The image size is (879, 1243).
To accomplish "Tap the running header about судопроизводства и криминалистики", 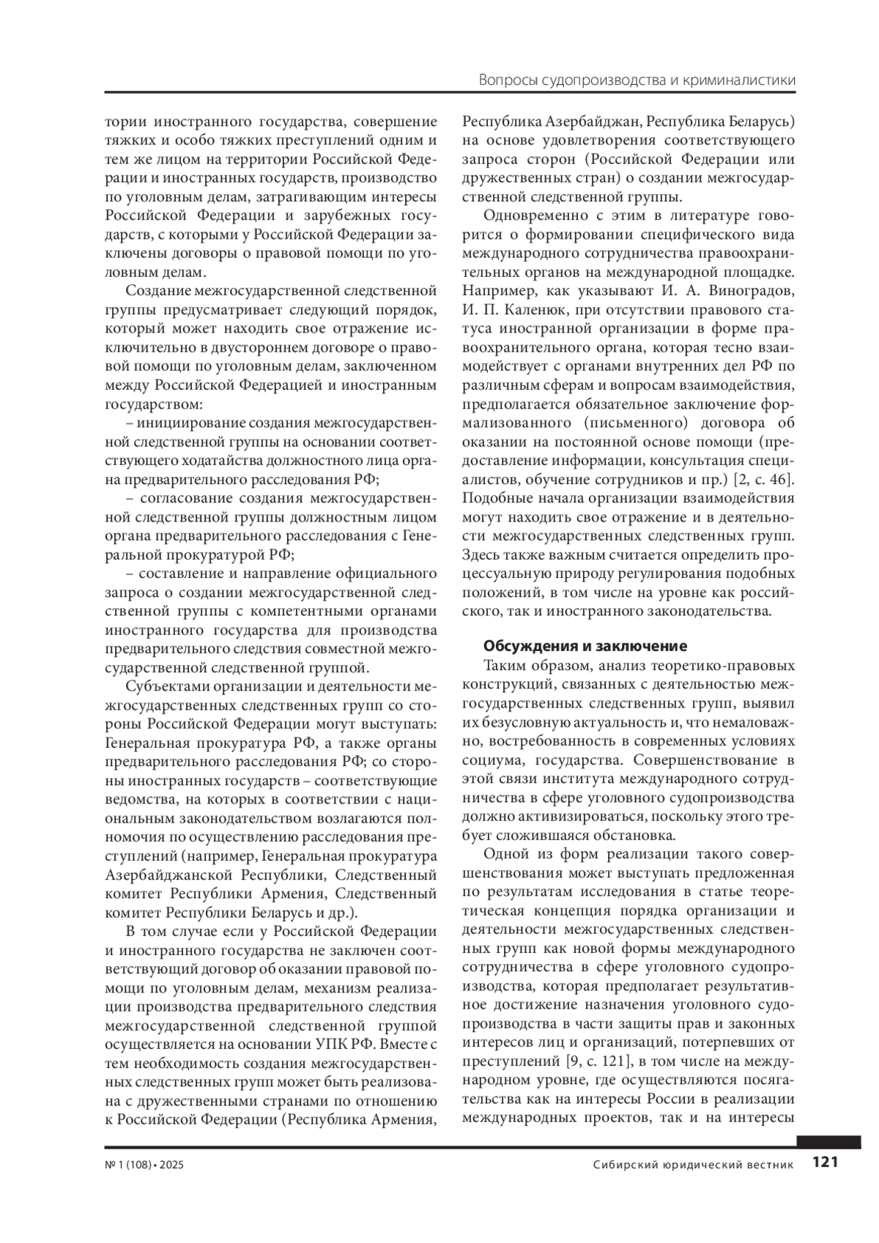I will (637, 80).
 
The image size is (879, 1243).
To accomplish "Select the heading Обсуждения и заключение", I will (585, 646).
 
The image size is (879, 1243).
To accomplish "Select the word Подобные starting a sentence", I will (495, 499).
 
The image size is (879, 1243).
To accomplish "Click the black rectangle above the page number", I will (828, 1142).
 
